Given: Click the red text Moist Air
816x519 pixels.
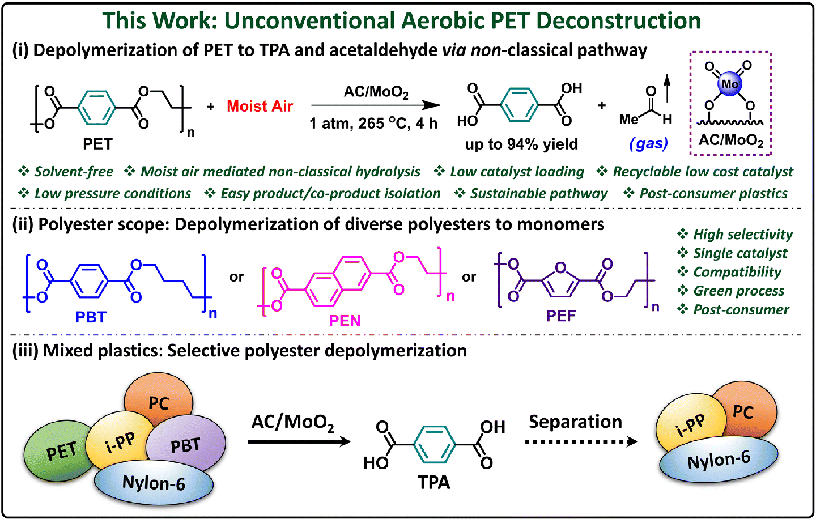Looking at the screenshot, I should point(260,106).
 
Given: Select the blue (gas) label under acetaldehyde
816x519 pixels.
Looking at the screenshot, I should point(648,144).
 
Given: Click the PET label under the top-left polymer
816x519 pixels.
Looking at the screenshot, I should point(97,144).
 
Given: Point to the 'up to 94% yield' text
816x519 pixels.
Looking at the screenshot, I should point(521,144).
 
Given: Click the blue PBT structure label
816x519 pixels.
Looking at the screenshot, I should point(91,317).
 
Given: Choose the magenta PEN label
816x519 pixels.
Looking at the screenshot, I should point(345,321).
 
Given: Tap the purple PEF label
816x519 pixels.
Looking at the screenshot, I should point(561,316).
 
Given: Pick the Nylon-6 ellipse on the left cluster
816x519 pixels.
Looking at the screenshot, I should point(154,483).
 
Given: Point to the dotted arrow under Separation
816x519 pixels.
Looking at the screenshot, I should point(581,441).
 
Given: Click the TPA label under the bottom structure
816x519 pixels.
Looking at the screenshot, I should point(433,482).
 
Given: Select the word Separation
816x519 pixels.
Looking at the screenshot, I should point(575,422).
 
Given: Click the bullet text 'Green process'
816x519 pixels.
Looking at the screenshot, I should point(738,291).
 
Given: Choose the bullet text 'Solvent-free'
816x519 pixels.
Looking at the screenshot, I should point(73,172).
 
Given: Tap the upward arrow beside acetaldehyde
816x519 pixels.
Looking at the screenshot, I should point(667,89).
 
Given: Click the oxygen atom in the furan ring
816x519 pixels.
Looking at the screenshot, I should point(560,267).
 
